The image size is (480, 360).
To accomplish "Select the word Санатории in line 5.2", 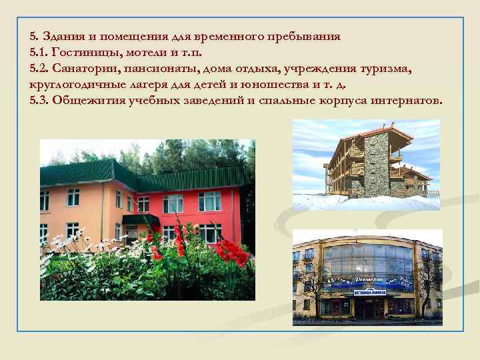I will (x=85, y=68).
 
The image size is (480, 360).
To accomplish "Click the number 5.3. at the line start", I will (x=39, y=101).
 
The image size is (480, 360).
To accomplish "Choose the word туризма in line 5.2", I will (x=391, y=68).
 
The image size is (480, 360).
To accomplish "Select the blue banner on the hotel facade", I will (x=367, y=282).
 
